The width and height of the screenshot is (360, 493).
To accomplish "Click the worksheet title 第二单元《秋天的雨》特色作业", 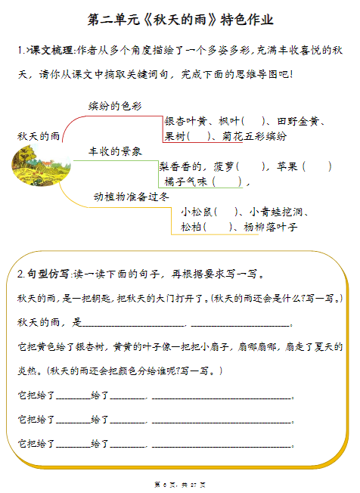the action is coord(180,20).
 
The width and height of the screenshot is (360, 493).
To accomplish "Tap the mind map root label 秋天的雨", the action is coord(39,135).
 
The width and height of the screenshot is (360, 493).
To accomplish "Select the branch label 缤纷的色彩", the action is coord(115,106).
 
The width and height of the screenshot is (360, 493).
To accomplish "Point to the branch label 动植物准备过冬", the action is coord(131,196).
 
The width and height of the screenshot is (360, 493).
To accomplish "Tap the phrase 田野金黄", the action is coord(300,121).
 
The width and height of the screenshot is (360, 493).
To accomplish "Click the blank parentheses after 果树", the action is coord(199,136).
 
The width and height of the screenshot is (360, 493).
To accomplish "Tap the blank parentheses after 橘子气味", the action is coord(228,181).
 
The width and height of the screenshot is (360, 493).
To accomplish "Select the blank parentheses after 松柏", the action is coord(219,226).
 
